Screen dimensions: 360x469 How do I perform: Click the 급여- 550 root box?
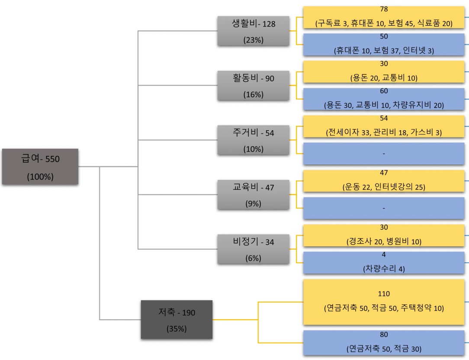click(40, 167)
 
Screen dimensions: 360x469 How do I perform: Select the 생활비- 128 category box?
click(253, 31)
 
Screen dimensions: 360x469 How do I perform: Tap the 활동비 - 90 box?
click(253, 85)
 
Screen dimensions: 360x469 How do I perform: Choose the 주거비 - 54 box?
click(253, 140)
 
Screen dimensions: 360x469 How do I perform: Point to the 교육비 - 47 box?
click(253, 194)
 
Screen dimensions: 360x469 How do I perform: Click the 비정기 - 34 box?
click(253, 249)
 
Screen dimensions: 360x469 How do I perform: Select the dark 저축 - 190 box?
click(177, 319)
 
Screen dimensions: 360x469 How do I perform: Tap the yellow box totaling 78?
click(384, 17)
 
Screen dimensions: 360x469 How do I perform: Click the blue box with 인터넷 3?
click(384, 45)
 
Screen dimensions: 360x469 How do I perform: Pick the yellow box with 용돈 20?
click(384, 72)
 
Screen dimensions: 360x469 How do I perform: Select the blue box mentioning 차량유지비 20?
click(384, 99)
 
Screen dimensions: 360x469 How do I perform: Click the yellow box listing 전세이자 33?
click(384, 126)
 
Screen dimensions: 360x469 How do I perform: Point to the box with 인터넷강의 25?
click(384, 181)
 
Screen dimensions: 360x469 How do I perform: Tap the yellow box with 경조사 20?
click(384, 235)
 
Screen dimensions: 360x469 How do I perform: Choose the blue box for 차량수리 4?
click(384, 263)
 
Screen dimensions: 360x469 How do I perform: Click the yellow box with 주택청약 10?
click(384, 302)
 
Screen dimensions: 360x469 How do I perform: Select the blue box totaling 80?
click(384, 343)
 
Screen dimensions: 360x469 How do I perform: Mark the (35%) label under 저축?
click(177, 328)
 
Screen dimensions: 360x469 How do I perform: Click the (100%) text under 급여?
click(40, 177)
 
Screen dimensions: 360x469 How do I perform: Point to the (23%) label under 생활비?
click(253, 40)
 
